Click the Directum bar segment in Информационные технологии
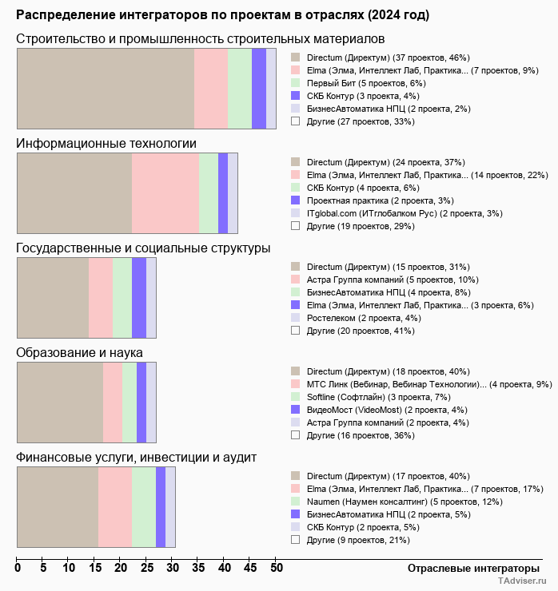[74, 192]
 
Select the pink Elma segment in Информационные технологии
[165, 192]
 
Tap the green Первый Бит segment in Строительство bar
[240, 88]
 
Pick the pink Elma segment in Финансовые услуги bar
[115, 507]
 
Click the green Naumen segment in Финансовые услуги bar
[144, 507]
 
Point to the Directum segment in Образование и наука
[60, 402]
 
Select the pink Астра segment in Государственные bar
[101, 298]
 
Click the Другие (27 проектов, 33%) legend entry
[361, 121]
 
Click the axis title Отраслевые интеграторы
[468, 568]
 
